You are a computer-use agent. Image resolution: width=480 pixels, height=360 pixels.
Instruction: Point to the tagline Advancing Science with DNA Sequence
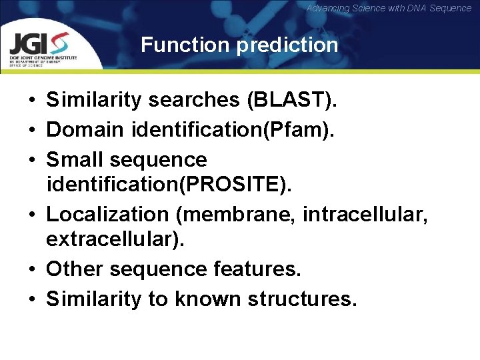coord(389,8)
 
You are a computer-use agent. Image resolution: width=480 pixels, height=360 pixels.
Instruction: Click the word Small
coord(74,159)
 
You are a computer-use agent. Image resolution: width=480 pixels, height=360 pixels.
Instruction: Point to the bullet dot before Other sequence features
coord(32,269)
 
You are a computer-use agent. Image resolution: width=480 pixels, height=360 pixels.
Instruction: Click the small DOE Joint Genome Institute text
coord(43,57)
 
